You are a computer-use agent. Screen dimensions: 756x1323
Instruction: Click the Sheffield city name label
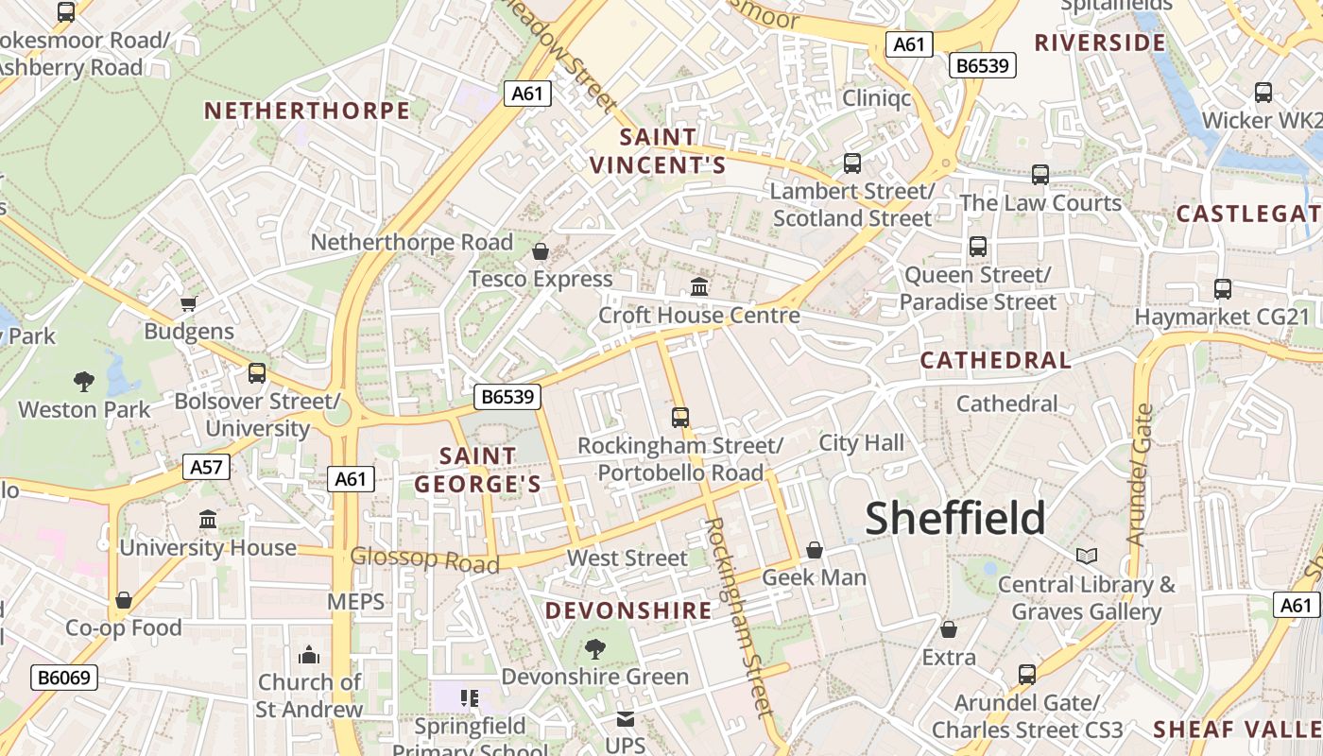pyautogui.click(x=955, y=518)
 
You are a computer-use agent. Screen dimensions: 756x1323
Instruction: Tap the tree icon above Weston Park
pyautogui.click(x=84, y=382)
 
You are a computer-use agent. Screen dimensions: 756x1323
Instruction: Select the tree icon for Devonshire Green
pyautogui.click(x=594, y=649)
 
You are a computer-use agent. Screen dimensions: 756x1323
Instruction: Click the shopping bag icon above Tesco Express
pyautogui.click(x=541, y=251)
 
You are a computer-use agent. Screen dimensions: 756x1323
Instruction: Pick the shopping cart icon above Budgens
pyautogui.click(x=188, y=303)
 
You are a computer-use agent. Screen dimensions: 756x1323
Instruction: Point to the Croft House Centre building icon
pyautogui.click(x=699, y=286)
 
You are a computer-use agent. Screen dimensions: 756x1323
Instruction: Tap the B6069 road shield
pyautogui.click(x=64, y=678)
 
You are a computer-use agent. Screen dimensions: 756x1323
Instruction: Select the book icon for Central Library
pyautogui.click(x=1087, y=556)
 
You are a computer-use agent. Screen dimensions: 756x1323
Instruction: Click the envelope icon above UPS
pyautogui.click(x=625, y=718)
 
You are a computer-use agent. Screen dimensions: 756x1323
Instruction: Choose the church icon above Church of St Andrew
pyautogui.click(x=309, y=655)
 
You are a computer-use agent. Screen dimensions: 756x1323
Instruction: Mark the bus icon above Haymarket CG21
pyautogui.click(x=1222, y=289)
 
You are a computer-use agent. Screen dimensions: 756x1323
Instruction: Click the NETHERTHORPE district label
pyautogui.click(x=307, y=111)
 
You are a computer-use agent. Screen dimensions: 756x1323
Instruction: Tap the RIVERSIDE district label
pyautogui.click(x=1100, y=43)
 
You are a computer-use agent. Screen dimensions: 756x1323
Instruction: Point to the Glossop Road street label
pyautogui.click(x=424, y=559)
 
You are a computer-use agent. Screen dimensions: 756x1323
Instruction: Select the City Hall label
pyautogui.click(x=861, y=442)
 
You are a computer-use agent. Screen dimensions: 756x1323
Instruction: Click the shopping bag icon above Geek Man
pyautogui.click(x=814, y=550)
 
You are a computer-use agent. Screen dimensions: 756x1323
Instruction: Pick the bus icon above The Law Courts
pyautogui.click(x=1039, y=175)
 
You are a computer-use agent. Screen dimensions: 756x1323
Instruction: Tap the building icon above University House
pyautogui.click(x=208, y=520)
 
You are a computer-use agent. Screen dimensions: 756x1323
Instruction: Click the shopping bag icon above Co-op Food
pyautogui.click(x=124, y=600)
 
